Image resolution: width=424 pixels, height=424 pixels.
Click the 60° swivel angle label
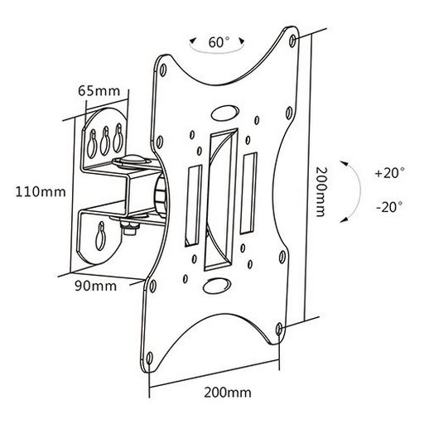pos(219,42)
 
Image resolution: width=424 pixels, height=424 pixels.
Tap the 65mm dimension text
pos(99,91)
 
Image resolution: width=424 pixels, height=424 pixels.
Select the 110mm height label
pos(41,192)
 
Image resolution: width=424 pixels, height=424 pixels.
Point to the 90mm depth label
pos(95,286)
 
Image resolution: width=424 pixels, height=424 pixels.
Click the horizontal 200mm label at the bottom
pos(228,393)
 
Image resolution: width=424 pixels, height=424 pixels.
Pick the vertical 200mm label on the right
pos(320,192)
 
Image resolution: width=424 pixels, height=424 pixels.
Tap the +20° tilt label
pos(390,173)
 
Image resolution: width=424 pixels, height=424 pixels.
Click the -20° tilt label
pos(389,207)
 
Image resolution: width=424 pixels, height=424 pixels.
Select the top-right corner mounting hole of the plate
pos(293,40)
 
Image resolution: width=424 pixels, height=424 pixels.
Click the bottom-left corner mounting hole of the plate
pos(149,358)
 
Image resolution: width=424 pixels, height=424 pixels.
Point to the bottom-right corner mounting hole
pos(279,329)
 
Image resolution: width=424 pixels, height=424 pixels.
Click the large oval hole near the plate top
pos(224,113)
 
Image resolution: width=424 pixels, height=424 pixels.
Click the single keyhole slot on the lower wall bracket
pos(100,236)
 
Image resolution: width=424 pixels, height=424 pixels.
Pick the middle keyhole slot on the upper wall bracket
pos(104,141)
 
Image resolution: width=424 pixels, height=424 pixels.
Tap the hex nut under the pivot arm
pos(131,228)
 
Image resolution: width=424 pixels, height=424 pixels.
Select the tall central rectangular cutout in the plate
pos(221,200)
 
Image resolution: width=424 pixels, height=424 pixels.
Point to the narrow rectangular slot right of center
pos(248,193)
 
